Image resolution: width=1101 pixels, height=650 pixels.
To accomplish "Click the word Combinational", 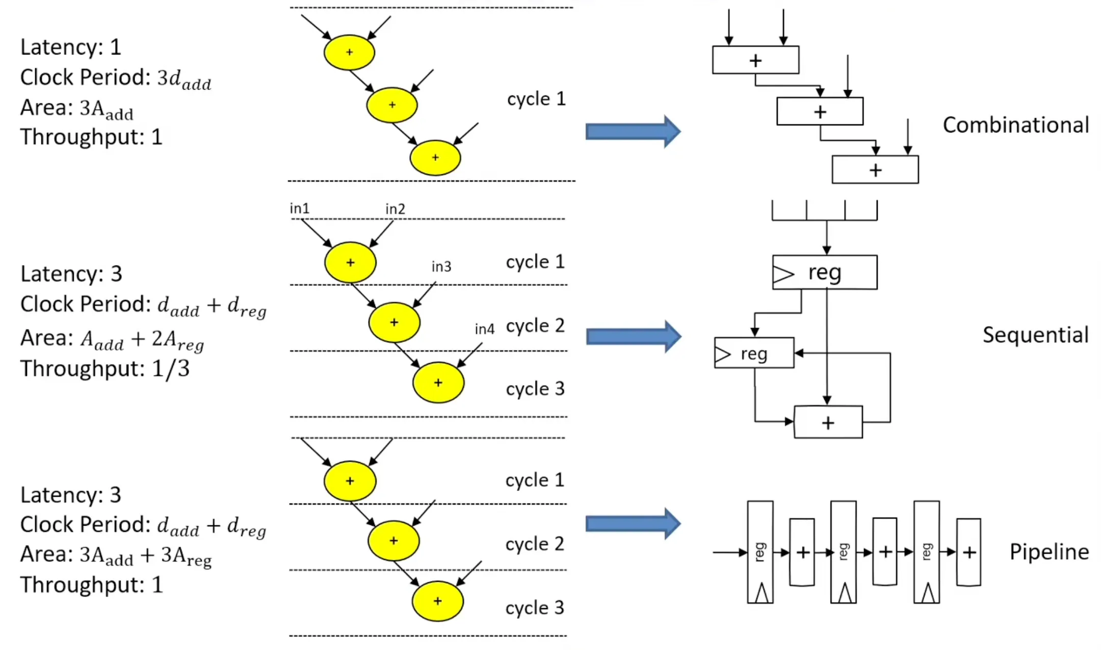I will [1015, 125].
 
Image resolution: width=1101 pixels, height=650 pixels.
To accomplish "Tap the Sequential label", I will [1035, 335].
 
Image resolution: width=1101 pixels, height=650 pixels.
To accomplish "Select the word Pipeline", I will [1049, 552].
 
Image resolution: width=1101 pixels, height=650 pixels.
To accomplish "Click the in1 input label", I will [300, 208].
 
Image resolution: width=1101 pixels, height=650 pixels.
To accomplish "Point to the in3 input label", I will [441, 266].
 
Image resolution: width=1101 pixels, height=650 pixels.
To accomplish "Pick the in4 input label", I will [484, 329].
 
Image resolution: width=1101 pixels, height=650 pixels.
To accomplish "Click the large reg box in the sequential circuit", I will [825, 273].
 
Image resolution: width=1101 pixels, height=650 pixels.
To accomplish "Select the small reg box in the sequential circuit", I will [754, 353].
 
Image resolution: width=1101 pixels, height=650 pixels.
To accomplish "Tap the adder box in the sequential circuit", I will [828, 422].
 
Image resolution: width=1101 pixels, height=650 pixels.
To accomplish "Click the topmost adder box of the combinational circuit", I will [755, 60].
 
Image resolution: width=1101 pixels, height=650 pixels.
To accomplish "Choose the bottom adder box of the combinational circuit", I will [875, 170].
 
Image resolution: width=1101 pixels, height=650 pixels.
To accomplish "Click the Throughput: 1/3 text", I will [105, 368].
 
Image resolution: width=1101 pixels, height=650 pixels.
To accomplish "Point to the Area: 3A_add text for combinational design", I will [76, 108].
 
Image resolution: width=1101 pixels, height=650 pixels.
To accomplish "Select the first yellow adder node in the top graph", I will [349, 52].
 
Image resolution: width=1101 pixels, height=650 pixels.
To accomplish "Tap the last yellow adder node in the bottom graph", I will [438, 601].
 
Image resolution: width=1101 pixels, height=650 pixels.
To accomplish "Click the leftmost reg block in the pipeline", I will [760, 552].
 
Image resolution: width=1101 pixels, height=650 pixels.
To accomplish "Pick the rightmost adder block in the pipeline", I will [968, 552].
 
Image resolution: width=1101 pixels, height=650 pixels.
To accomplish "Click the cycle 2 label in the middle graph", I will [535, 326].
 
